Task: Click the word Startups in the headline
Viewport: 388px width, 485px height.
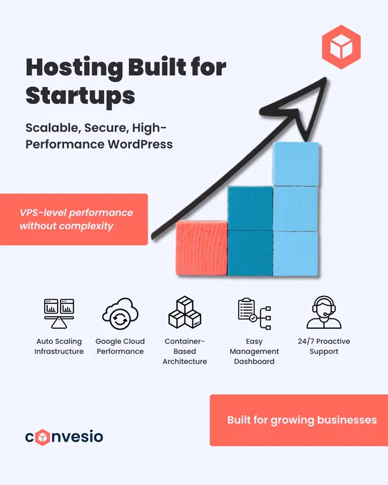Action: click(x=80, y=96)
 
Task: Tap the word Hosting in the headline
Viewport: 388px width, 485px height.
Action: click(x=74, y=68)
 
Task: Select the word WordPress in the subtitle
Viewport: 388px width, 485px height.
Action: click(x=141, y=144)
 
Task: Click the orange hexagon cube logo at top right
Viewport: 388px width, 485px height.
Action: click(x=341, y=47)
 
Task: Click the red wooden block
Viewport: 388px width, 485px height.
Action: click(x=201, y=247)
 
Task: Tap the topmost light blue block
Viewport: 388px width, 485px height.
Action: click(x=296, y=164)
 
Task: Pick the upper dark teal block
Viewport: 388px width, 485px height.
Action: click(x=250, y=208)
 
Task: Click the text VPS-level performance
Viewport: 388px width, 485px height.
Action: click(x=76, y=213)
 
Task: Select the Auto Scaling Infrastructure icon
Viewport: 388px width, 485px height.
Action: click(x=58, y=313)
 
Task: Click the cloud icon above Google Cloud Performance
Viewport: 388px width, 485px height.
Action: click(x=121, y=314)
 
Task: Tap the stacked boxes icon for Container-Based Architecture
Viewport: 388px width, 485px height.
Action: click(x=185, y=312)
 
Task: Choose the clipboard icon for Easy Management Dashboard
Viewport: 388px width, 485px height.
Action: click(x=255, y=314)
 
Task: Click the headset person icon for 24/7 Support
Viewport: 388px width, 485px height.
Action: click(x=324, y=312)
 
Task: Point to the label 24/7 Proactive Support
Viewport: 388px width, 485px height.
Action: click(x=324, y=346)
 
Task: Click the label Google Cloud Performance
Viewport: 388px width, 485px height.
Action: click(x=120, y=346)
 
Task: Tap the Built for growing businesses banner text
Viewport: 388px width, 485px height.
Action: click(x=302, y=420)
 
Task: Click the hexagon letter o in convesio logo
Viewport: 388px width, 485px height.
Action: click(x=42, y=437)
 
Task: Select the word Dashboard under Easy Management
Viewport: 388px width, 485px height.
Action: click(x=254, y=362)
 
